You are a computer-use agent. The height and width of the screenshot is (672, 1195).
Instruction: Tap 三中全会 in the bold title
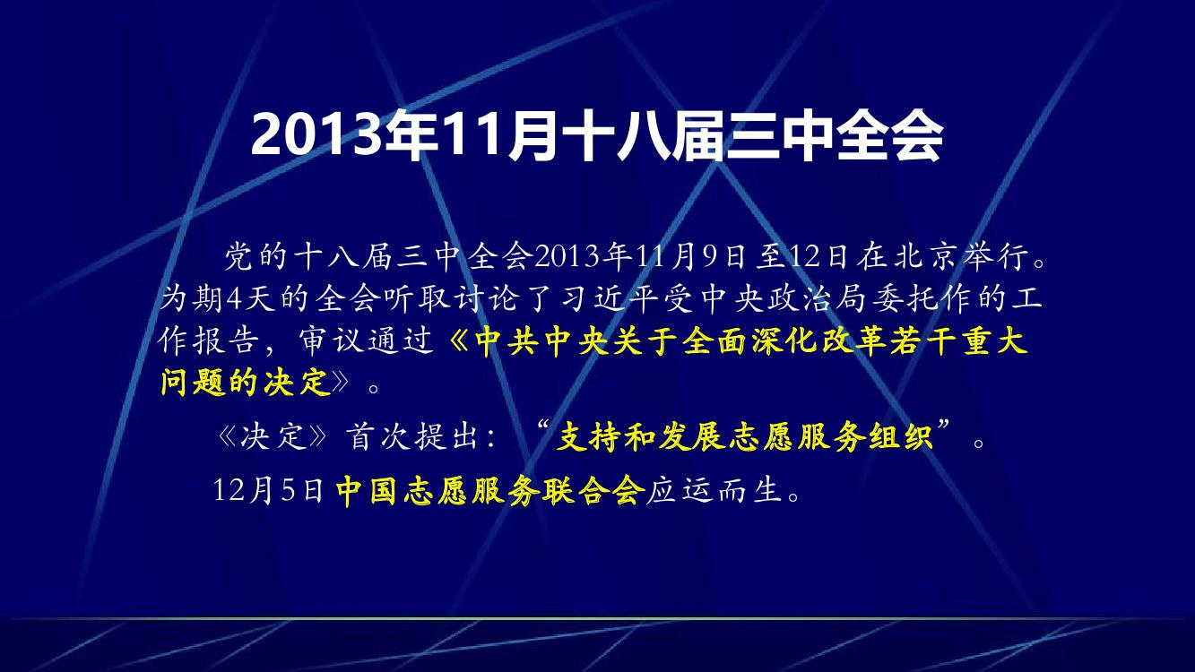834,136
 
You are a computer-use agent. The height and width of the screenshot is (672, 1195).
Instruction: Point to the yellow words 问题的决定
246,382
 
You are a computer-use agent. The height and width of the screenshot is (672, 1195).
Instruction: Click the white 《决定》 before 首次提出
272,437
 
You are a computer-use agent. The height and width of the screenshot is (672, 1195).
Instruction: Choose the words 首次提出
411,437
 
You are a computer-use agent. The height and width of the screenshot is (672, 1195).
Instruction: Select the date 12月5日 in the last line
268,490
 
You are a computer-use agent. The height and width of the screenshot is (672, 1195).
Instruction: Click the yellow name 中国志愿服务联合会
489,490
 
